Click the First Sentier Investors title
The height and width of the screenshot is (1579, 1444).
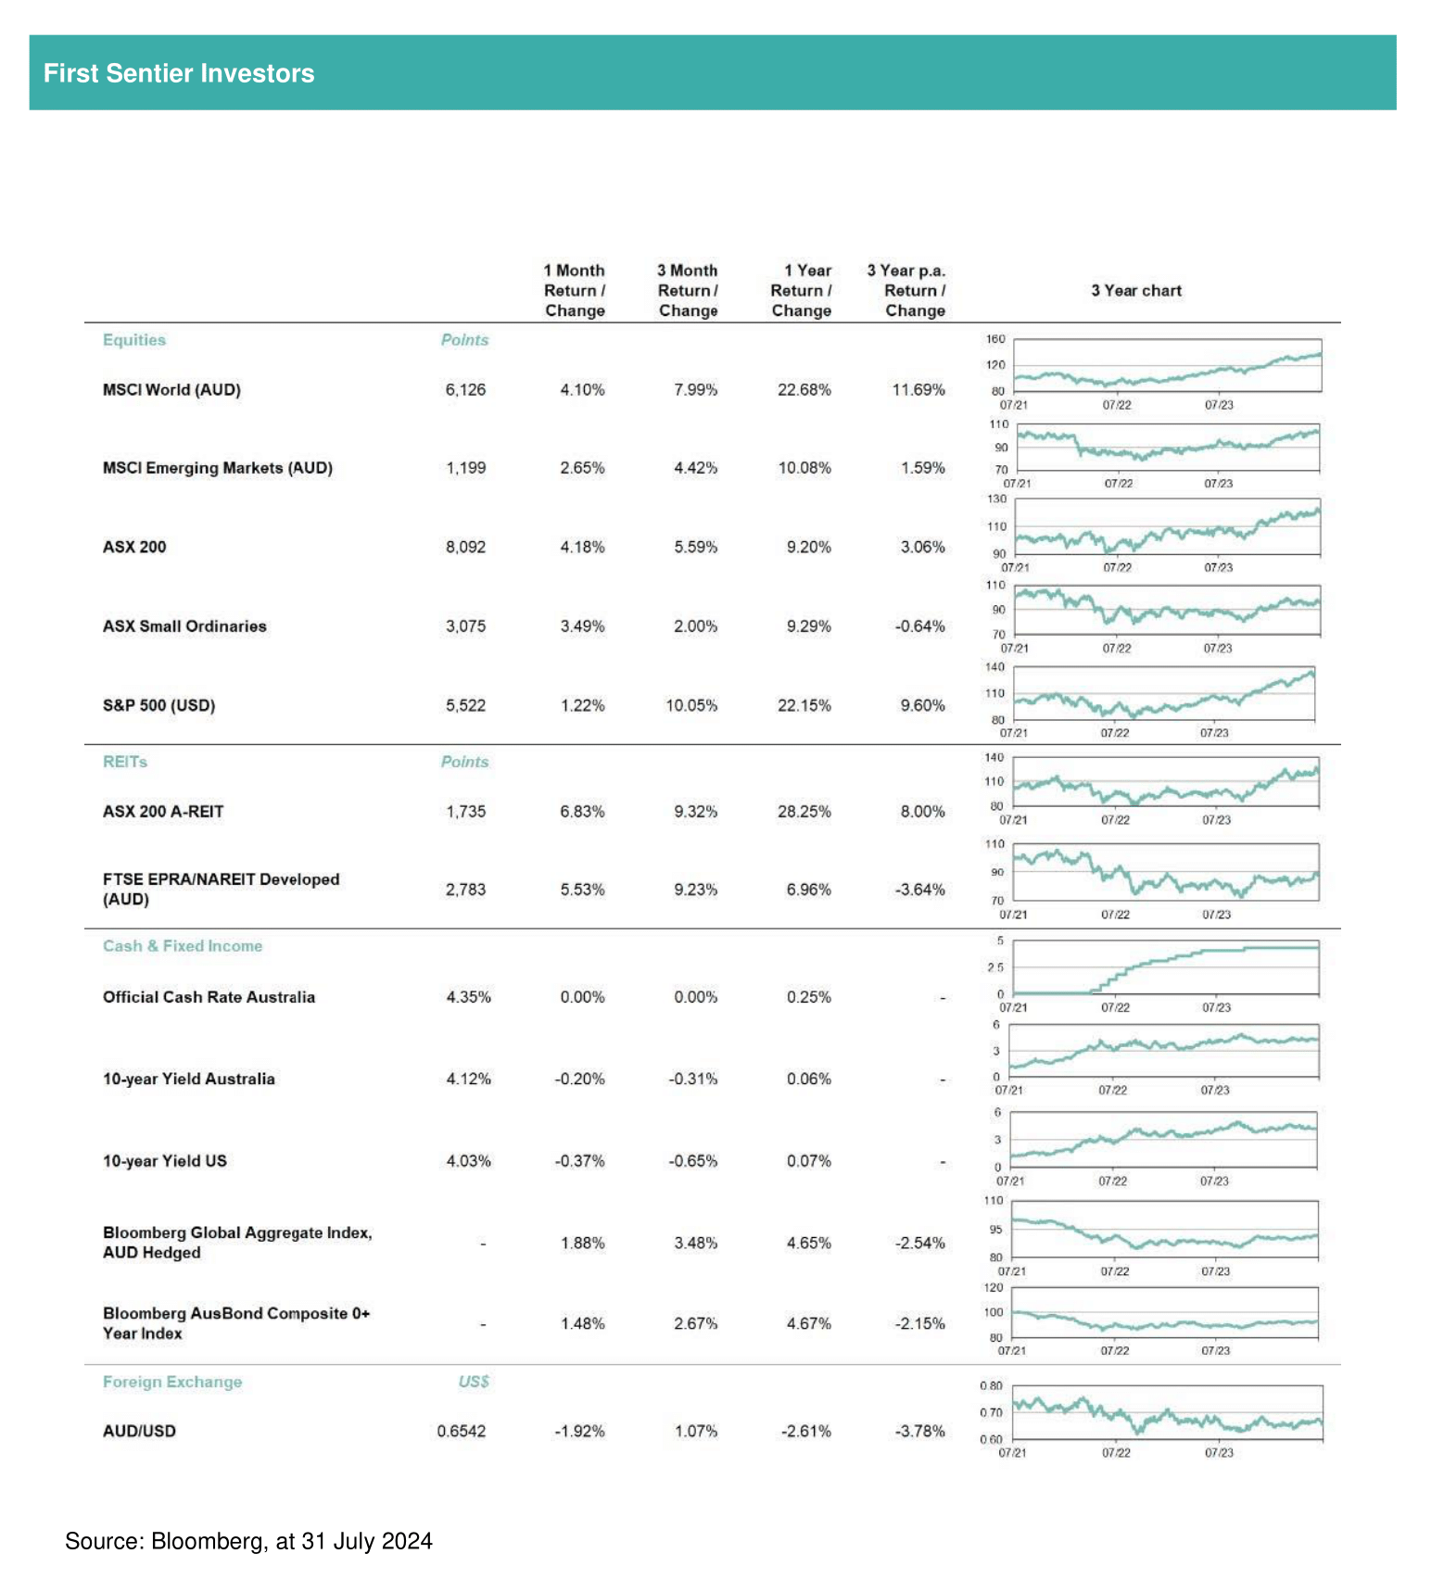(179, 73)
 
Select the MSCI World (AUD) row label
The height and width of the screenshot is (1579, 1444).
(171, 390)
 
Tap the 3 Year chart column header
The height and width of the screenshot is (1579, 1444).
(1136, 291)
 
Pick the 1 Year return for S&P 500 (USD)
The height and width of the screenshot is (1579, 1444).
(804, 706)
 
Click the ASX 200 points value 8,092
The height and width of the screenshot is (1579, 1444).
(465, 548)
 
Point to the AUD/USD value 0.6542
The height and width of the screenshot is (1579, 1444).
(462, 1432)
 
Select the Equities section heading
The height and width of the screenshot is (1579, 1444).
(134, 340)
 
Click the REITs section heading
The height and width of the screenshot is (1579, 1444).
(125, 762)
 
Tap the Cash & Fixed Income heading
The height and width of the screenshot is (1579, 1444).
(183, 946)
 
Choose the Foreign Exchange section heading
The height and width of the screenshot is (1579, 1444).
(172, 1383)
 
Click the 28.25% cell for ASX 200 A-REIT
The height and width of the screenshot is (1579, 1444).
(804, 812)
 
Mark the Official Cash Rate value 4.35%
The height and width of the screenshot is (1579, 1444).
(468, 998)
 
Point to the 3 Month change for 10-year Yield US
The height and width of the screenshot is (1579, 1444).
(693, 1162)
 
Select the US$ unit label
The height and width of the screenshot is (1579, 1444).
(474, 1383)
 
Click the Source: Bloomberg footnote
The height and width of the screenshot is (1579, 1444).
(248, 1541)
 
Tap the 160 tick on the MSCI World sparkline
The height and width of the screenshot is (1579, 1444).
(995, 339)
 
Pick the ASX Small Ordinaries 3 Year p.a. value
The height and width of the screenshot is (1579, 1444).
(919, 627)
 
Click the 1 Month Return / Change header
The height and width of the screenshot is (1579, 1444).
(575, 291)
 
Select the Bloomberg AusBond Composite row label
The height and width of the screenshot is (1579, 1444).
(236, 1324)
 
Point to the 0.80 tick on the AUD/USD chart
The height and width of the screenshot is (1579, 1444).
(991, 1386)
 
